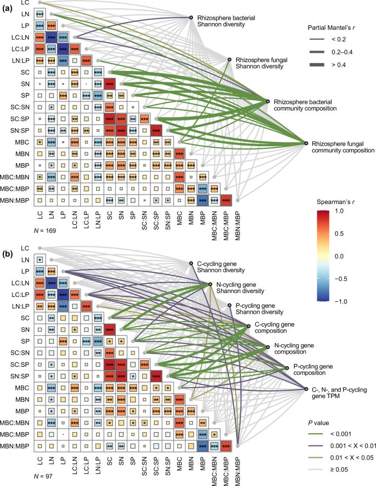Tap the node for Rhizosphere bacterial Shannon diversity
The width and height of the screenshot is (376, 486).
pos(190,18)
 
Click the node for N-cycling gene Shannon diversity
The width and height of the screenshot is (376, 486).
pos(210,284)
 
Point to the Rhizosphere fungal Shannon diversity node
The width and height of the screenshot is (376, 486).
pos(230,60)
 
